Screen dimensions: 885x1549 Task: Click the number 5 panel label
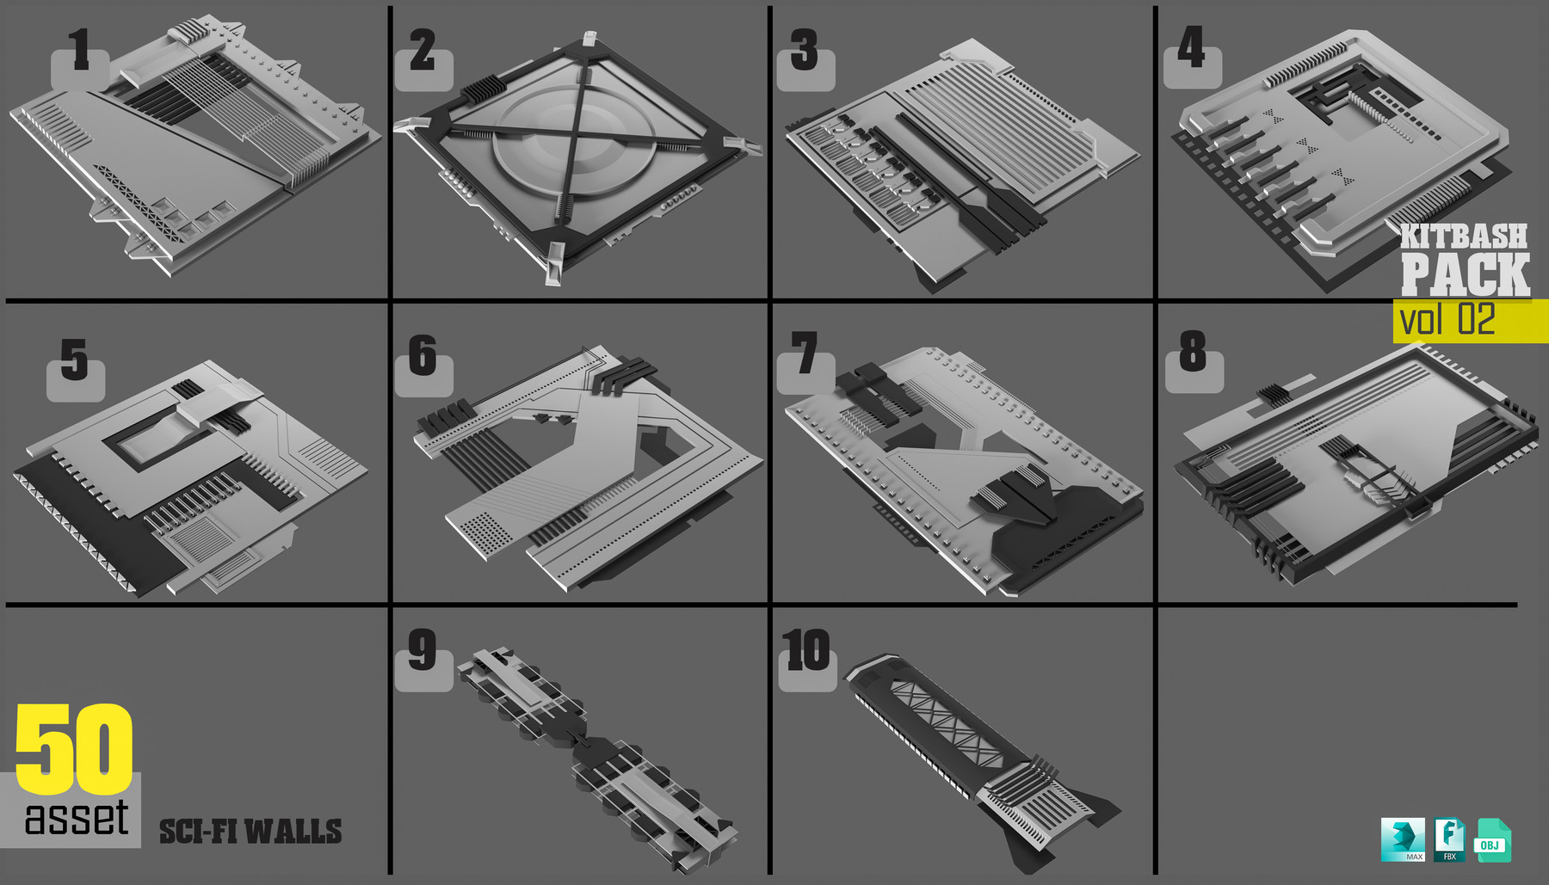[74, 361]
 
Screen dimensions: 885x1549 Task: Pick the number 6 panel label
[423, 357]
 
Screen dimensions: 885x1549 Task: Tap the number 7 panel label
[805, 354]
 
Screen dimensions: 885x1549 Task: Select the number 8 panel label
[1193, 353]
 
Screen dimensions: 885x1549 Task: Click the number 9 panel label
[422, 651]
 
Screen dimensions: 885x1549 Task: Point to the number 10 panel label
[806, 651]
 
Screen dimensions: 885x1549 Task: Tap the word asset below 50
[77, 818]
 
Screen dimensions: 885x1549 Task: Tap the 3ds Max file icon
[1403, 839]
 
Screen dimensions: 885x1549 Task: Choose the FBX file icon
[1449, 839]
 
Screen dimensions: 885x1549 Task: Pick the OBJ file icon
[1492, 841]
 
